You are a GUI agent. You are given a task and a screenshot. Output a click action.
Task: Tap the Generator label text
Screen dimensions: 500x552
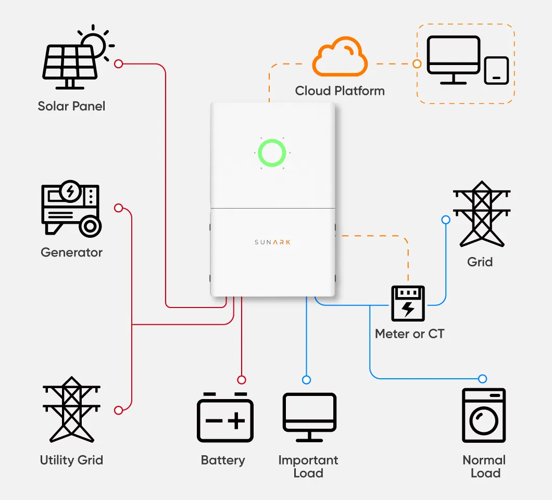tap(71, 253)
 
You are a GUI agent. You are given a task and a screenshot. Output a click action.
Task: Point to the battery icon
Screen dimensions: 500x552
tap(225, 417)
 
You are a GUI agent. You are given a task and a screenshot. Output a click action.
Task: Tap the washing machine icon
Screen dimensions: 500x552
tap(484, 415)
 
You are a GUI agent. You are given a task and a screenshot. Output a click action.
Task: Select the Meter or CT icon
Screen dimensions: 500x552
tap(408, 303)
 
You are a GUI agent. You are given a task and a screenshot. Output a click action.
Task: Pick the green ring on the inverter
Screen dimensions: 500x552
tap(272, 153)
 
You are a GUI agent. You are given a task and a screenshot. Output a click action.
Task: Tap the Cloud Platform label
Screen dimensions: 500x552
tap(340, 91)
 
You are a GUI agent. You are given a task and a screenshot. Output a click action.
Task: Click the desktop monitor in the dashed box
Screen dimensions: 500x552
tap(453, 59)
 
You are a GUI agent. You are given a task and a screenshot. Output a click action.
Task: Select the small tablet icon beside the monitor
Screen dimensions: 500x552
tap(496, 70)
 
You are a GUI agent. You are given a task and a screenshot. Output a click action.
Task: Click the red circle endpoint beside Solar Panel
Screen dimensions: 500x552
tap(118, 64)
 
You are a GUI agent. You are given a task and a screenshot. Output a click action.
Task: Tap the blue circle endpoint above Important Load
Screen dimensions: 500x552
tap(307, 379)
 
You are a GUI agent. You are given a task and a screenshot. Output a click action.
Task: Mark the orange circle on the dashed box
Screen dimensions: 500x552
tap(417, 64)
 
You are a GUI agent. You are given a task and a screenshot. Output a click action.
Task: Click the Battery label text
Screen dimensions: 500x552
tap(223, 460)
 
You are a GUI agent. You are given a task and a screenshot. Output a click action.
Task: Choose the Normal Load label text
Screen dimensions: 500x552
tap(484, 467)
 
